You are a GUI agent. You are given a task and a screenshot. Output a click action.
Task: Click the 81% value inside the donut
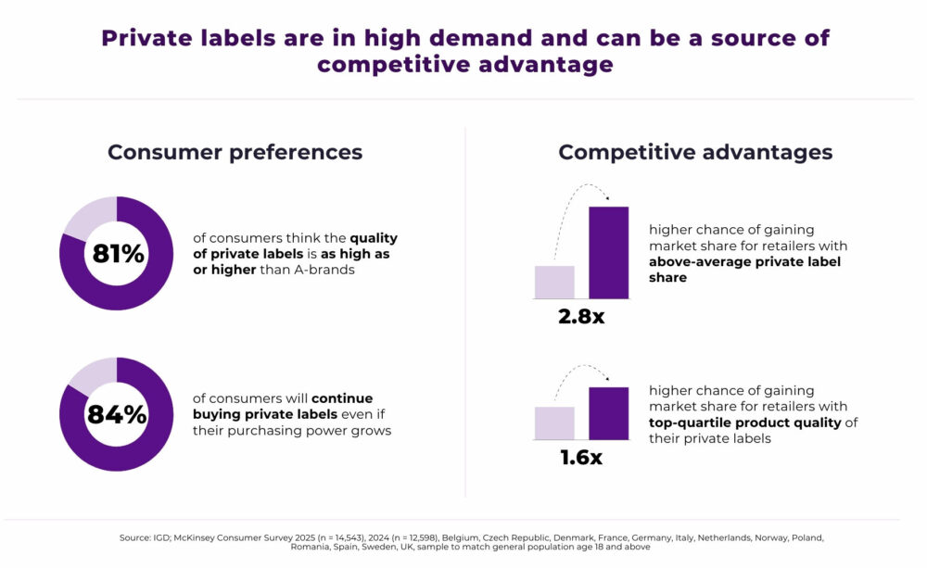click(x=117, y=253)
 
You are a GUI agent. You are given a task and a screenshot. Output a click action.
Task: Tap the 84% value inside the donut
click(x=117, y=414)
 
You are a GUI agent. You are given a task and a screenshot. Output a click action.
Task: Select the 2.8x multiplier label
click(x=581, y=316)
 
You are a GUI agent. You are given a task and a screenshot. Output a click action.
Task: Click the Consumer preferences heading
click(x=235, y=152)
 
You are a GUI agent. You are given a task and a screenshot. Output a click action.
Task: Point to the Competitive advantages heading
click(x=695, y=152)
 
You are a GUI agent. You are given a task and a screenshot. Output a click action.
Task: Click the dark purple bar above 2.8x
click(x=608, y=252)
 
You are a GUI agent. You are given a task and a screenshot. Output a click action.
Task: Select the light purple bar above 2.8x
click(x=554, y=282)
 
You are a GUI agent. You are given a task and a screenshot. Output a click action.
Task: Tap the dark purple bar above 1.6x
click(x=608, y=412)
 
